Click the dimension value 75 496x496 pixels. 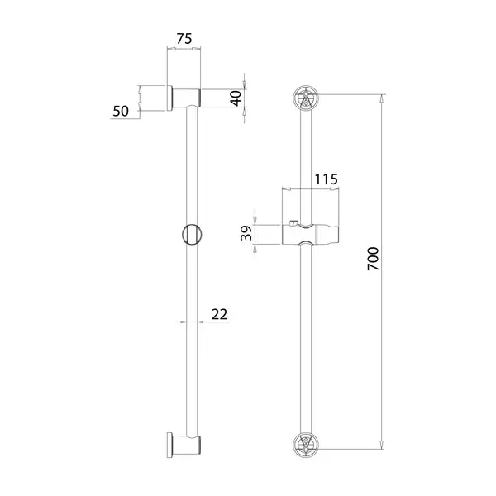tap(184, 39)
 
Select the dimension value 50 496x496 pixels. tap(121, 111)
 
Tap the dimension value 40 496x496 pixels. tap(236, 98)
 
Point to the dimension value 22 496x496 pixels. tap(220, 314)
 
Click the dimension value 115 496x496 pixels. tap(327, 179)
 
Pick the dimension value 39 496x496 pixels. tap(246, 233)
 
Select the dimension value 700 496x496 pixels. tap(373, 259)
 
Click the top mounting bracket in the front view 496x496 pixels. tap(306, 98)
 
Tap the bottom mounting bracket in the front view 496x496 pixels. tap(306, 446)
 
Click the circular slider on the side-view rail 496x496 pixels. tap(192, 235)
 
